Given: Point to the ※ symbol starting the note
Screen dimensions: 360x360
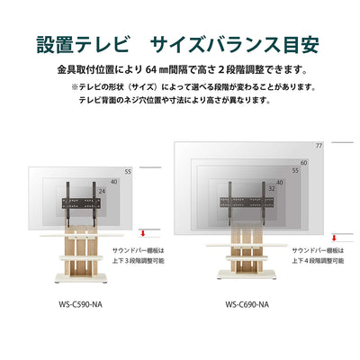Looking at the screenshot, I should [x=76, y=87].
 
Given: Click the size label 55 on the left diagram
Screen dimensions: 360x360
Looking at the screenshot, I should [x=127, y=171].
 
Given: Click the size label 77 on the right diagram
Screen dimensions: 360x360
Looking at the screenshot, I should [x=319, y=147].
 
